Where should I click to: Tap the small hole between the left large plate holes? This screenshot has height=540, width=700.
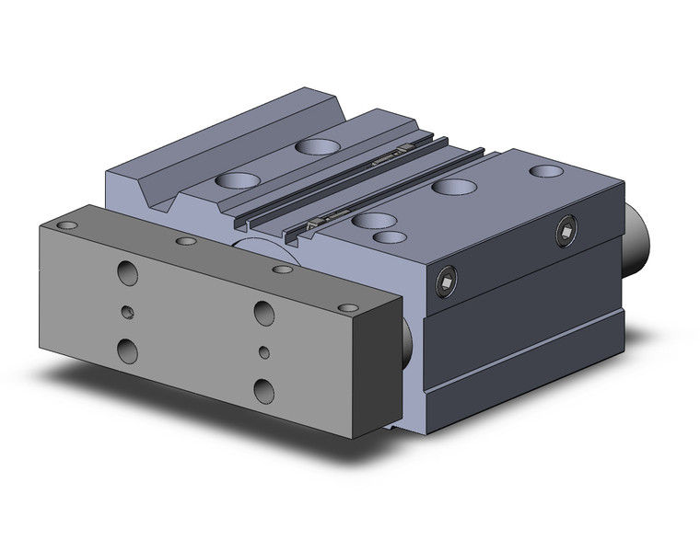click(128, 312)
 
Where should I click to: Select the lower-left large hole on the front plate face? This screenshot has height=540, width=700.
click(128, 350)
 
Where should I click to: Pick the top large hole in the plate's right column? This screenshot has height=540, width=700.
click(264, 313)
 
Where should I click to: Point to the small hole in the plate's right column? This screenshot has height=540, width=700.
click(264, 351)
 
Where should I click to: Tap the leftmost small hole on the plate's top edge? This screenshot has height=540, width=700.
click(67, 224)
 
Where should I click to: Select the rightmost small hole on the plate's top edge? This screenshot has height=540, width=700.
click(347, 307)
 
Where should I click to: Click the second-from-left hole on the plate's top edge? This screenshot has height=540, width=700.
click(187, 241)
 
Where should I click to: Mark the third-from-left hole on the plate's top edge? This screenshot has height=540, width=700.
click(283, 269)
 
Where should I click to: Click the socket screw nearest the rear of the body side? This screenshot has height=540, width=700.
click(566, 232)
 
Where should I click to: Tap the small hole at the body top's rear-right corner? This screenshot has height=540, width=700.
click(547, 171)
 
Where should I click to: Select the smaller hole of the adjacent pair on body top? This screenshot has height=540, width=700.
click(391, 237)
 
